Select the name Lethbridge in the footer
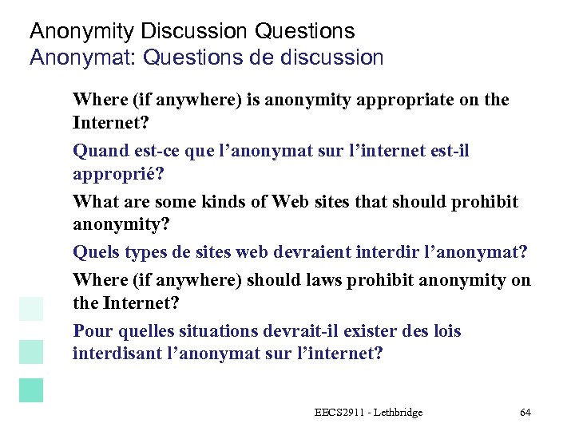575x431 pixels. click(396, 413)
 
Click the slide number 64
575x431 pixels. click(525, 413)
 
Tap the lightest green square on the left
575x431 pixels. click(31, 308)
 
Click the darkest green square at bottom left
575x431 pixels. click(31, 389)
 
